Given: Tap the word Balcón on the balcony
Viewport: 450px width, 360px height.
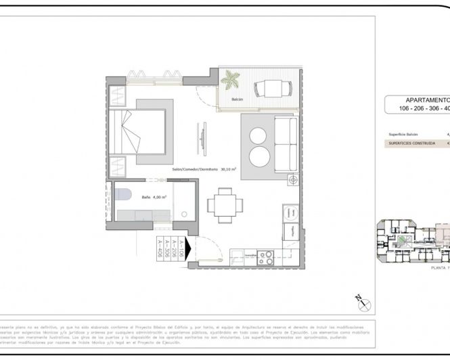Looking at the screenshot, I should pos(237,99).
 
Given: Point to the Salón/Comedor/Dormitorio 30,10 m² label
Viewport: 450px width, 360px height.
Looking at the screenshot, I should pos(204,169).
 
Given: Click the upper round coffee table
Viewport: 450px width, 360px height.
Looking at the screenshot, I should pos(259,136).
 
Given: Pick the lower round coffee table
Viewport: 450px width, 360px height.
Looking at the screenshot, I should pos(259,158).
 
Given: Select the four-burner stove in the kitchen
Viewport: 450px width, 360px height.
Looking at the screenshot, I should pos(265,257).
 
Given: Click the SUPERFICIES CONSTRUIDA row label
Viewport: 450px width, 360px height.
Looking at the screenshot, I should pos(411,143).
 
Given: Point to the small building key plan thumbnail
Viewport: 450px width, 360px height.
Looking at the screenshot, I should pos(413,241).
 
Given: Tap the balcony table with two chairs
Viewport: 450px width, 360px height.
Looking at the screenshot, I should pos(273,88).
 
